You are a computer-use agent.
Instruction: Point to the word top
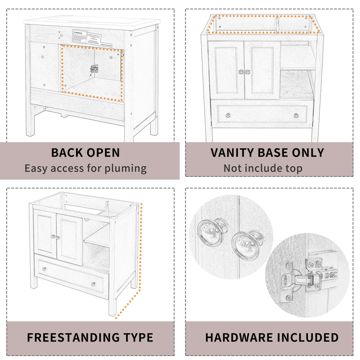292,169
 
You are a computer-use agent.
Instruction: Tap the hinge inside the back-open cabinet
94,68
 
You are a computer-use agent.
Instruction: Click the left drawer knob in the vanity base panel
227,115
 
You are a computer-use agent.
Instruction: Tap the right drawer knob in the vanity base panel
296,115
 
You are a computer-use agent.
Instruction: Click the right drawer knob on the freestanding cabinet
93,284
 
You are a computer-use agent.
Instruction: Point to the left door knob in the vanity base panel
241,72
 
